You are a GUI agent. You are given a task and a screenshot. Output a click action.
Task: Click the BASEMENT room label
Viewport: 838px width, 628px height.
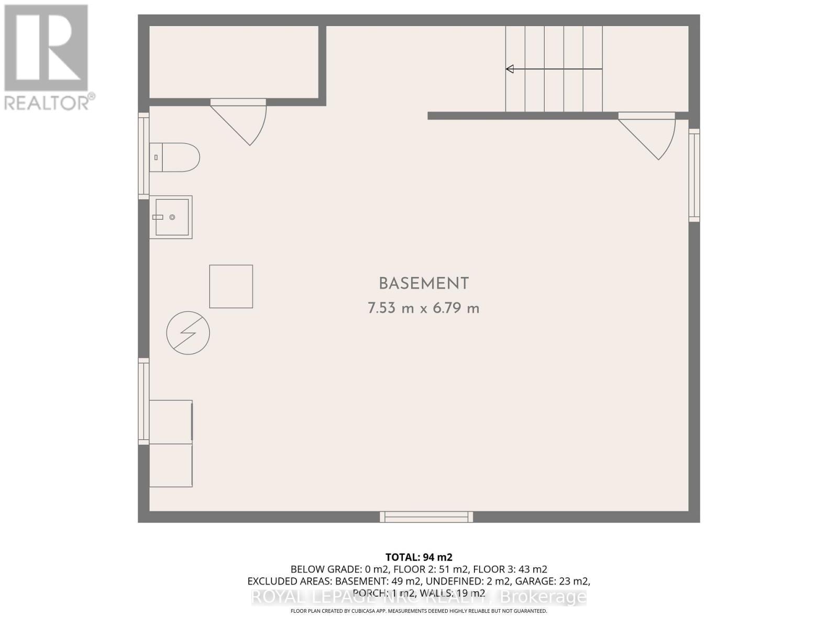[x=423, y=284]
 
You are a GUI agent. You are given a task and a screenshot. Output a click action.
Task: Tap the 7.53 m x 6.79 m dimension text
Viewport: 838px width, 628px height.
[x=423, y=309]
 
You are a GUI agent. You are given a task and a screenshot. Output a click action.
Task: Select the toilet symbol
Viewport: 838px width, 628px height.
[x=175, y=157]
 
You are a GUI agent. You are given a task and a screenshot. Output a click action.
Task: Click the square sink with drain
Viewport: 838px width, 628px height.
[x=171, y=217]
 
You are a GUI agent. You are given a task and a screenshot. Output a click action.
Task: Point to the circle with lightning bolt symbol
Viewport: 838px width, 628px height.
[x=188, y=333]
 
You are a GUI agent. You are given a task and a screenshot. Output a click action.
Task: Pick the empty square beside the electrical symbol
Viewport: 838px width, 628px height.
[x=231, y=286]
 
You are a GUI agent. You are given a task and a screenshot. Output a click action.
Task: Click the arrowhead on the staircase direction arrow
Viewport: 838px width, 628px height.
[x=510, y=69]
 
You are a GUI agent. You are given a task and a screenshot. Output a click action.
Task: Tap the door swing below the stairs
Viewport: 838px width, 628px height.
[x=649, y=137]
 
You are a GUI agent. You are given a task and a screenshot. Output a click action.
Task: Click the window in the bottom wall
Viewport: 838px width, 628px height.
[x=426, y=517]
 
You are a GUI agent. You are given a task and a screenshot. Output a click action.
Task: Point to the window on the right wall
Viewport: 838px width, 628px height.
[x=694, y=175]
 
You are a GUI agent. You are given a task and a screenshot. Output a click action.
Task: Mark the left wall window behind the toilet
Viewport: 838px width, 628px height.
[x=144, y=155]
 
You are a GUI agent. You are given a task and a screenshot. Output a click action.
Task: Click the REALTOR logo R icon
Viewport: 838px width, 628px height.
[x=46, y=48]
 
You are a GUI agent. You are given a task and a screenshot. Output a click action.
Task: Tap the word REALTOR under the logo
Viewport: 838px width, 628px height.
[x=47, y=102]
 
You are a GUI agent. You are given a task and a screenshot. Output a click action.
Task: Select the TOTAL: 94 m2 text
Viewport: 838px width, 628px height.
[x=419, y=557]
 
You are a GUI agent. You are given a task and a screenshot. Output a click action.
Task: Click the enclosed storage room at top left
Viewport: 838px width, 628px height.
[x=234, y=62]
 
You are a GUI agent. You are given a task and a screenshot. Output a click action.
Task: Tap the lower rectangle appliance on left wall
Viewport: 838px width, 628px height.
[x=171, y=465]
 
